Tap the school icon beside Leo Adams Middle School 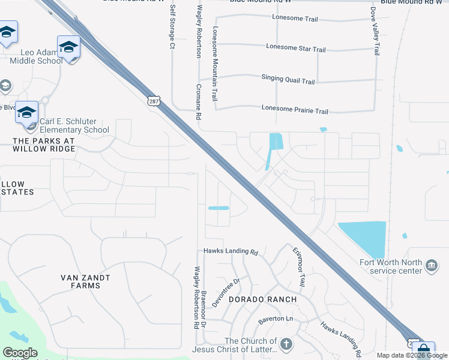68,47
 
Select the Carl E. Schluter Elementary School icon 26,113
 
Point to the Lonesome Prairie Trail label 295,111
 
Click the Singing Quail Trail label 288,79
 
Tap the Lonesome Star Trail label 295,49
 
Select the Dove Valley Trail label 376,32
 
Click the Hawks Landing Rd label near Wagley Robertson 230,252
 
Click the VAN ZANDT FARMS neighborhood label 89,282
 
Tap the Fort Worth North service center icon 431,266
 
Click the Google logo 20,353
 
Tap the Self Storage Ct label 172,27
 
